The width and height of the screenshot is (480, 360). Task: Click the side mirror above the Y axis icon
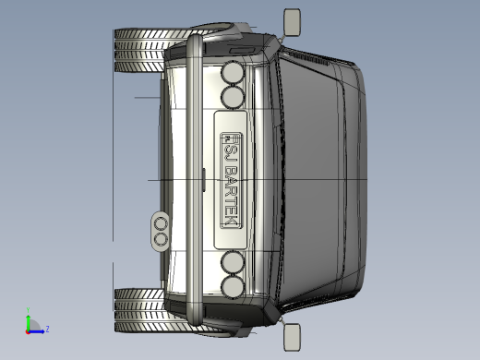pos(292,337)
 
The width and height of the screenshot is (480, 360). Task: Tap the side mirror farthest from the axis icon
pos(292,22)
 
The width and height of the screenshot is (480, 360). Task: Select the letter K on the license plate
pos(230,222)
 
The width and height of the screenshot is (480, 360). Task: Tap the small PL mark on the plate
pos(227,138)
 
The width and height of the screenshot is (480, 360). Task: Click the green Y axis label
pos(28,310)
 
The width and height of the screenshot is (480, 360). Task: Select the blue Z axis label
pos(47,329)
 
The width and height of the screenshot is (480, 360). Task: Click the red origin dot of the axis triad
pos(28,332)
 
